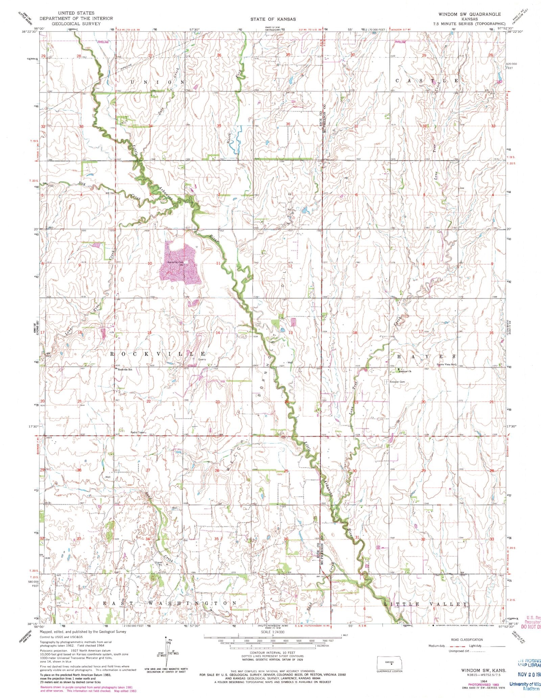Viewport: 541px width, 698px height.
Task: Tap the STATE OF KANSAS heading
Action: pos(273,19)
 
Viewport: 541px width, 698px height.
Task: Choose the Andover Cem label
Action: pos(397,382)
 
